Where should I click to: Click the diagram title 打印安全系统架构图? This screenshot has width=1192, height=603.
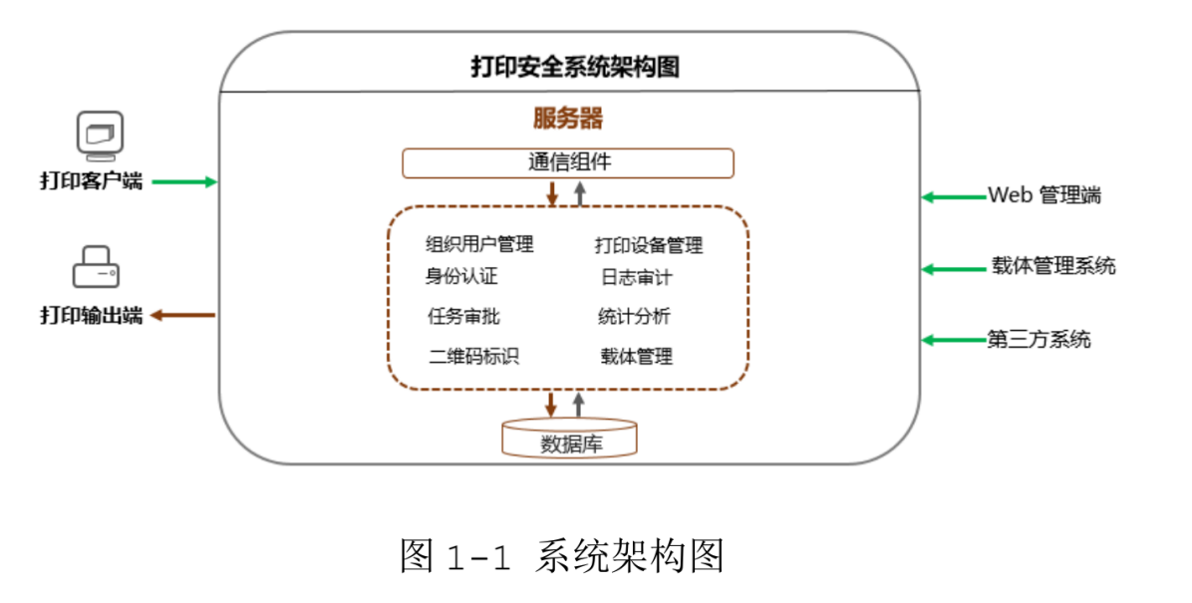[575, 66]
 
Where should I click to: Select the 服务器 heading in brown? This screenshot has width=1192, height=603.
[568, 118]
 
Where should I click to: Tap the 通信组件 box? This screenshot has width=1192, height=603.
[568, 163]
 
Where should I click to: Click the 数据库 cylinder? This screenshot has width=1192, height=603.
[569, 438]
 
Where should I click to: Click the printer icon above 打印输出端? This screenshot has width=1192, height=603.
[96, 267]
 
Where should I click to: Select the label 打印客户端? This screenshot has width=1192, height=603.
[92, 181]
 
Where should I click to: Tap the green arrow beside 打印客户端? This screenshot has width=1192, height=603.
[184, 181]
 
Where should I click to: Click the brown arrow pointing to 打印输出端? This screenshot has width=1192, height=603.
[182, 316]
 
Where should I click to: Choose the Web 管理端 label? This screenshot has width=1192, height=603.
[1044, 195]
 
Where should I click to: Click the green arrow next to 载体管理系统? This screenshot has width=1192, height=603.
[954, 269]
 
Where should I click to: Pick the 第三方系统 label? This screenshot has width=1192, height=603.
[1039, 339]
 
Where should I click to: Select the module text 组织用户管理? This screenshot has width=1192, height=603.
[479, 244]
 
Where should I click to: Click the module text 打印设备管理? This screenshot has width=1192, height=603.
[649, 245]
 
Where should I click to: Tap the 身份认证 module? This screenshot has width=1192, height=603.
[461, 276]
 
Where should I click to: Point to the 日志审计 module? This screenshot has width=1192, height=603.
[636, 277]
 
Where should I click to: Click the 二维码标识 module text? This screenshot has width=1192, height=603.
[473, 356]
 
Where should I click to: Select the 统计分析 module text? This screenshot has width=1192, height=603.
[634, 316]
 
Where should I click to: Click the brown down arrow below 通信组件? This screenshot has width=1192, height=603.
[553, 192]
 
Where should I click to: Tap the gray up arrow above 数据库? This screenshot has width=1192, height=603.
[578, 405]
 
